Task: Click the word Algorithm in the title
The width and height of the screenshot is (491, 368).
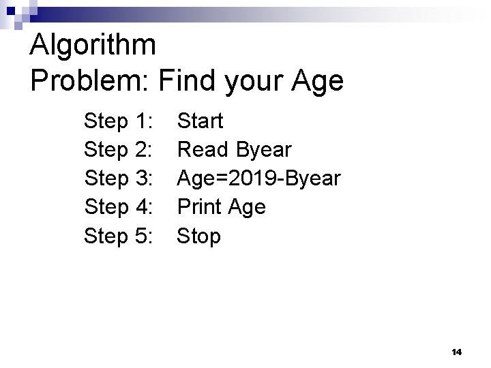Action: point(93,46)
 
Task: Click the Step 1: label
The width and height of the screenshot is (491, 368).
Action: point(118,122)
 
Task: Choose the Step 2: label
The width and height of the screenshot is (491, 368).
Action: point(118,150)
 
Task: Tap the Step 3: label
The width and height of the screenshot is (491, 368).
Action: point(118,179)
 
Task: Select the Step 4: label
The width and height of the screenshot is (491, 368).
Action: point(118,206)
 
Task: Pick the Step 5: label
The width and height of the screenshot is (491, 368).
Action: point(118,236)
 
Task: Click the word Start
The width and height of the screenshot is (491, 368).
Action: point(200,122)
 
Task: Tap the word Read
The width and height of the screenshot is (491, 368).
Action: point(203,150)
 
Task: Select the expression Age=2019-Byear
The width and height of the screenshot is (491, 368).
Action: point(258,179)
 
